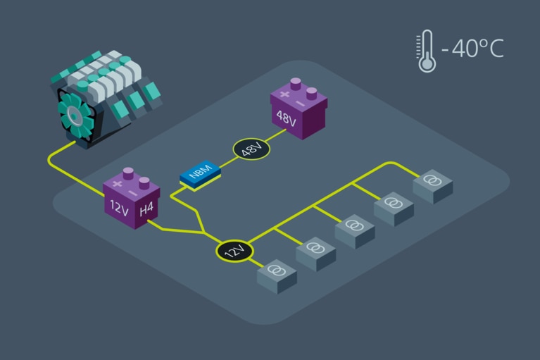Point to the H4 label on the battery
pos(146,209)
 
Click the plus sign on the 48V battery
pos(284,94)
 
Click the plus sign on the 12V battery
pos(117,183)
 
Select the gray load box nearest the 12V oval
pos(277,273)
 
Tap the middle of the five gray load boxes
pos(354,228)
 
